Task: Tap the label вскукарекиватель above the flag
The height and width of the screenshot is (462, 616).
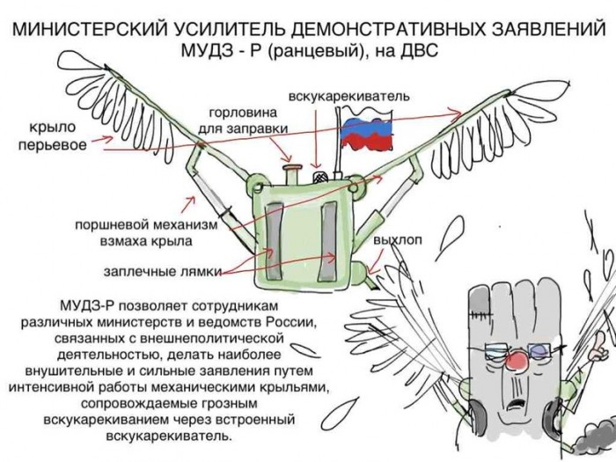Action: [348, 94]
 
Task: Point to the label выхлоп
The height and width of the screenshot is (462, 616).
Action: [398, 240]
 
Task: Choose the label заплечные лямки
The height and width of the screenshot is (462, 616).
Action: [162, 269]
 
